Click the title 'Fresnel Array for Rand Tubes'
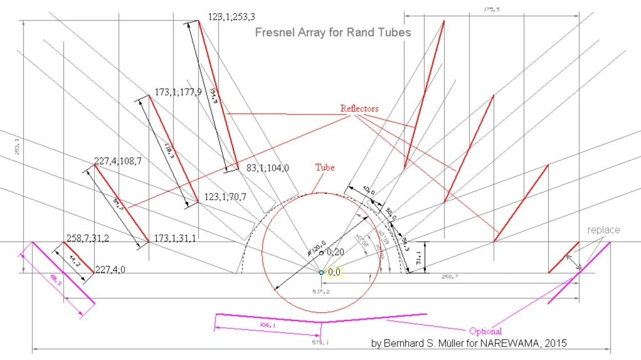coord(333,32)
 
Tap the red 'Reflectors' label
coord(359,109)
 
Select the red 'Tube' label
coord(324,167)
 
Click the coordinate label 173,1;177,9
coord(178,92)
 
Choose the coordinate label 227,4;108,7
coord(117,161)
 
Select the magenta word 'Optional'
coord(485,331)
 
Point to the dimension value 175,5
coord(491,9)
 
